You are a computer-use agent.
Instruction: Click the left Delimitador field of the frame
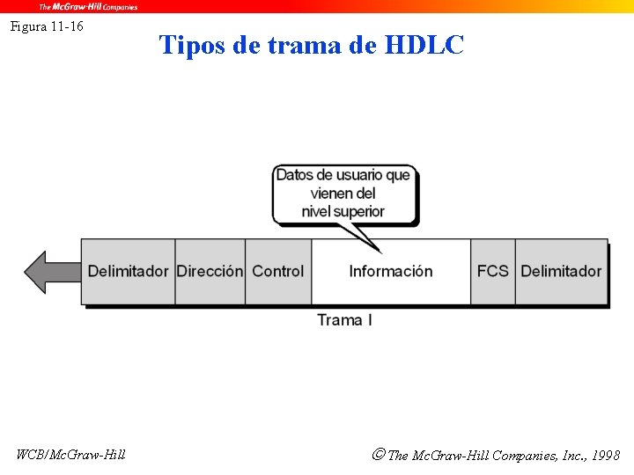(x=128, y=271)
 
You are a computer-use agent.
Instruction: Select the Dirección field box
(x=210, y=271)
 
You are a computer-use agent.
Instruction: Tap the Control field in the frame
(x=277, y=271)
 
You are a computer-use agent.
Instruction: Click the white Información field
(x=391, y=271)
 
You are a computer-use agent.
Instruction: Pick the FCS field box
(x=492, y=271)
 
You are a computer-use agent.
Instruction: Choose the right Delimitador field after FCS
(x=561, y=271)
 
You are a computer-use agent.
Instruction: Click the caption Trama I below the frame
(x=344, y=320)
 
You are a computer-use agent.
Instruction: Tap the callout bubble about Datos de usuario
(x=343, y=193)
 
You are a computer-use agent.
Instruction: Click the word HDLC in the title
(x=424, y=45)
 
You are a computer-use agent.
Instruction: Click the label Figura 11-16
(x=47, y=26)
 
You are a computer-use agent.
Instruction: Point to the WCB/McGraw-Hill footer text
(x=71, y=454)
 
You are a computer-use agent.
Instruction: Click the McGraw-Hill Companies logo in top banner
(x=87, y=6)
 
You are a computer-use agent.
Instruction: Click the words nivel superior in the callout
(x=343, y=211)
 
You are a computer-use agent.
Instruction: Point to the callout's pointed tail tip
(x=379, y=252)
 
